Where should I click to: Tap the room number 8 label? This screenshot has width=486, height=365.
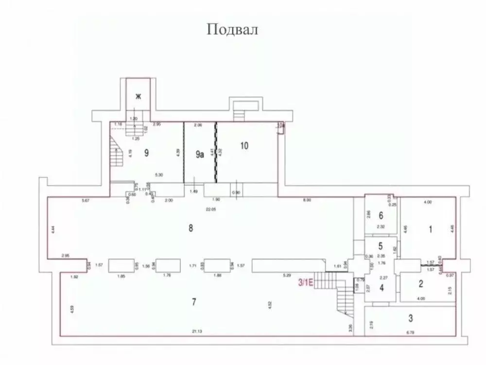coord(191,228)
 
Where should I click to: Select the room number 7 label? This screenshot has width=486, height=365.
coord(193,302)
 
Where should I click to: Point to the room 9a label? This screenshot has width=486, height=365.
coord(199,155)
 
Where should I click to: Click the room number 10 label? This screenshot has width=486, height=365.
coord(244,145)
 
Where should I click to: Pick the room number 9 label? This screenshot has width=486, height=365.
coord(146,152)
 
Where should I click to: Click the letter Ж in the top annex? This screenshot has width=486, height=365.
coord(138,96)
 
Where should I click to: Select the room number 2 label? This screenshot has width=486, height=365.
coord(421,285)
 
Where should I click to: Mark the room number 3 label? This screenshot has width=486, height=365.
coord(411,319)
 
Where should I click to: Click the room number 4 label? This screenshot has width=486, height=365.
coord(382,288)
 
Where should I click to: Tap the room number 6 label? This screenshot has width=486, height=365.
coord(382,215)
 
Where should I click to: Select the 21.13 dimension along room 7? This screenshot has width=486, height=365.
coord(197,332)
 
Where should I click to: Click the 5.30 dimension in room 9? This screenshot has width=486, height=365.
coord(158,174)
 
